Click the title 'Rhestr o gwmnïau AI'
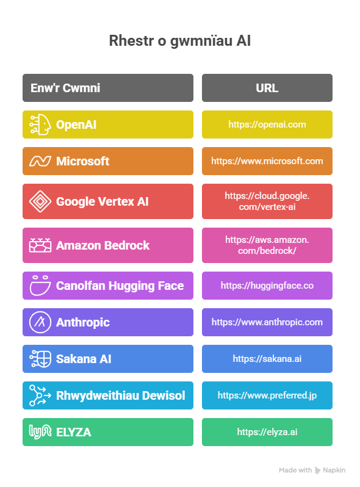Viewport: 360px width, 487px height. [x=179, y=41]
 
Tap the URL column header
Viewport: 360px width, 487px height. [x=267, y=88]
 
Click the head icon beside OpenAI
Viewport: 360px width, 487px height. [x=40, y=124]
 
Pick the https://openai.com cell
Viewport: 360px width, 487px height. [x=267, y=124]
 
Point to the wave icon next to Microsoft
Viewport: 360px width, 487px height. [x=40, y=161]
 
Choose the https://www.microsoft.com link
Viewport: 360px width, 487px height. [x=267, y=161]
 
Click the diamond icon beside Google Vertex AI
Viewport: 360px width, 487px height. [x=40, y=201]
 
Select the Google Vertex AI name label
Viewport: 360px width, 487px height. [x=102, y=201]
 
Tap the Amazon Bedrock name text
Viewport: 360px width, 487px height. [x=103, y=245]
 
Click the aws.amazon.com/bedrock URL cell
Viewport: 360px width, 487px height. [x=267, y=245]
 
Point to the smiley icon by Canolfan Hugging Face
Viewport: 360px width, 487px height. [x=40, y=285]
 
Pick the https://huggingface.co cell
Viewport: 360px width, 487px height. [x=267, y=286]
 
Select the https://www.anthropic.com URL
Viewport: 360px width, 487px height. [x=267, y=322]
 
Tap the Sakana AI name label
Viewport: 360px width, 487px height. [x=84, y=359]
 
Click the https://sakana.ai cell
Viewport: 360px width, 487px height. [x=267, y=359]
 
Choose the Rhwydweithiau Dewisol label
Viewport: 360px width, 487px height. [x=121, y=395]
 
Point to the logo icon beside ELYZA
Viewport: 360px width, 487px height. [x=40, y=431]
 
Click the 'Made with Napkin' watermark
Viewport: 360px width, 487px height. [x=312, y=471]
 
